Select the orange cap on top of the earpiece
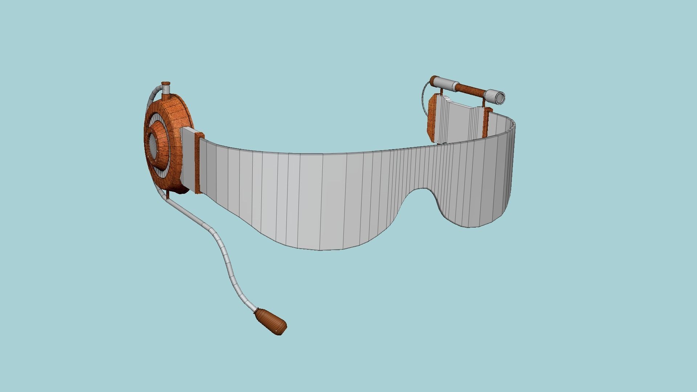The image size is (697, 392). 166,84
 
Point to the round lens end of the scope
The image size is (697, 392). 500,97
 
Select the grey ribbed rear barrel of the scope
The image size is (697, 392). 447,83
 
